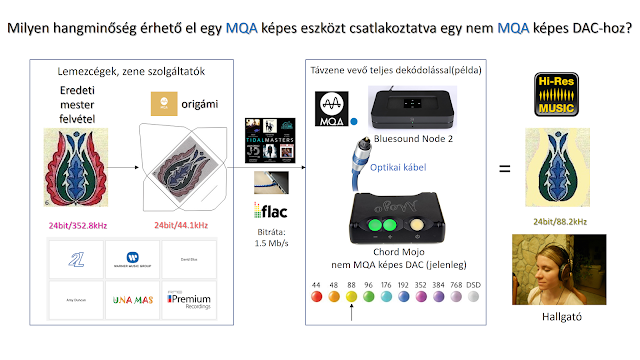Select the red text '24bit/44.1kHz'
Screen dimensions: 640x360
[x=186, y=224]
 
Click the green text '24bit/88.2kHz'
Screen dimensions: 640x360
[x=557, y=219]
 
